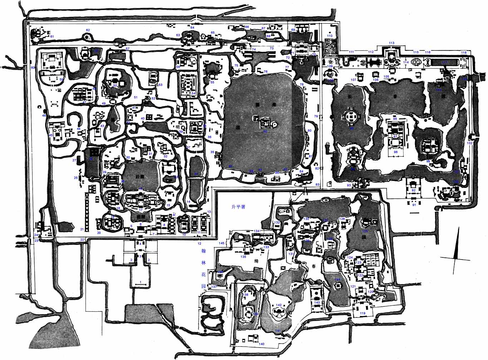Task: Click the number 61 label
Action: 52,36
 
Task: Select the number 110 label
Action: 330,36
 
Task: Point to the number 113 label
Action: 391,43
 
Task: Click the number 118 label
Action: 464,53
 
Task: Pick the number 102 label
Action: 470,143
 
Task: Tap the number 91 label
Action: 414,205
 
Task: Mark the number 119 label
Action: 363,313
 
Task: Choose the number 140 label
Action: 261,344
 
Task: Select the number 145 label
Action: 222,243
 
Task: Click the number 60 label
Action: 33,67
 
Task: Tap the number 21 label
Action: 82,229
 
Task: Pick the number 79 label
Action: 316,116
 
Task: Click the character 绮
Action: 256,261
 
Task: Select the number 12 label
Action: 199,243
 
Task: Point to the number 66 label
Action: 247,27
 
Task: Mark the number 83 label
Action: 317,184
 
